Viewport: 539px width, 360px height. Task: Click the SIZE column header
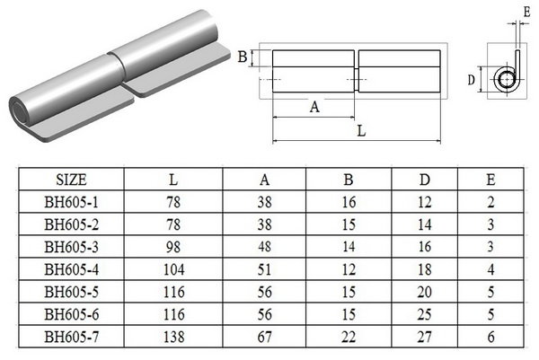(x=72, y=179)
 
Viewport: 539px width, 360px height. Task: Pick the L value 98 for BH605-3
(x=173, y=243)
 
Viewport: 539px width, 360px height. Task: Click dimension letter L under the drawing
(x=360, y=131)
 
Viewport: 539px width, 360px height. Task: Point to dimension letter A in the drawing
(x=314, y=107)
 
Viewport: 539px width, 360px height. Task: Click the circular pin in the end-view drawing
(x=508, y=80)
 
